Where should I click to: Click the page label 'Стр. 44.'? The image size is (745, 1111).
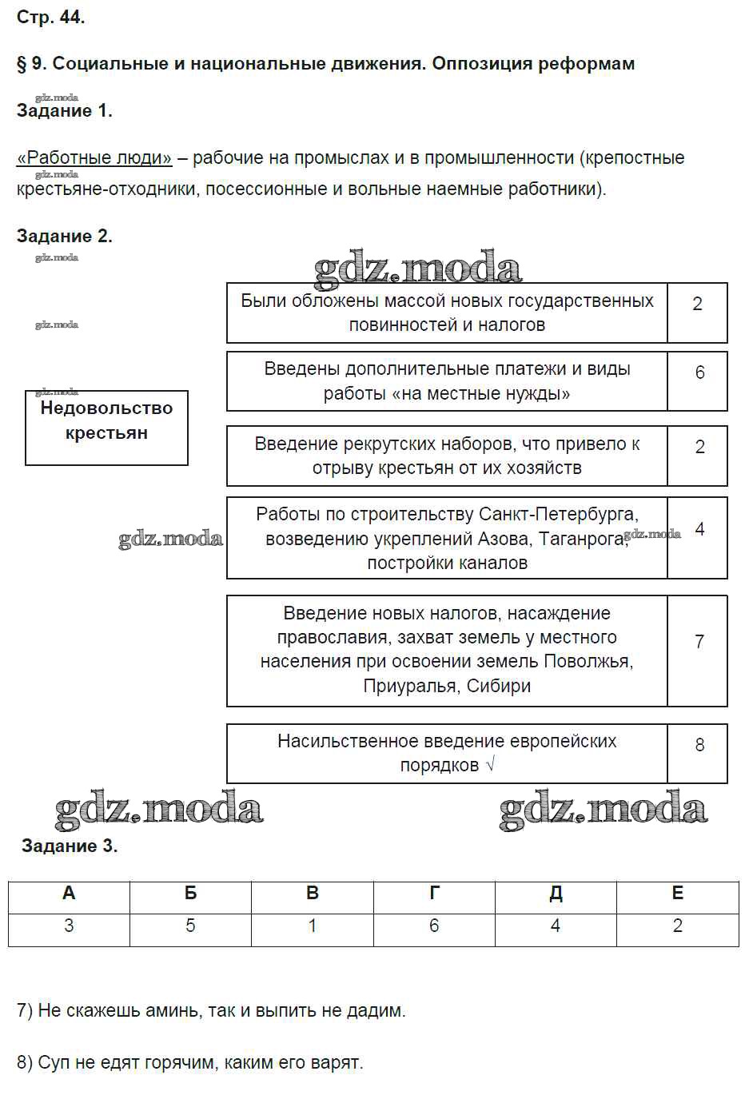pyautogui.click(x=50, y=17)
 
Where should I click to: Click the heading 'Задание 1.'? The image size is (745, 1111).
pyautogui.click(x=64, y=111)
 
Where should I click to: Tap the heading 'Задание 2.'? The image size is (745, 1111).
pyautogui.click(x=64, y=236)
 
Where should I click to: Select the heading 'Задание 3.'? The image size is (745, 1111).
pyautogui.click(x=70, y=846)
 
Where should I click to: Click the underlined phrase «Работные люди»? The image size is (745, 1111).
pyautogui.click(x=94, y=157)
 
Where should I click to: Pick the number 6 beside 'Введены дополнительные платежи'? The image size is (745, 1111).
pyautogui.click(x=699, y=372)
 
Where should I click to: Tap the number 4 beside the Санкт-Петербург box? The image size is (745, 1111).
pyautogui.click(x=699, y=529)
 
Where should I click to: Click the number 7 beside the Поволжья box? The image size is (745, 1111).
pyautogui.click(x=699, y=642)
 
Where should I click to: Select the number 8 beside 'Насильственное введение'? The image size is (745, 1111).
pyautogui.click(x=699, y=745)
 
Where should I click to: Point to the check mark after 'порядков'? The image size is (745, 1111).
pyautogui.click(x=490, y=765)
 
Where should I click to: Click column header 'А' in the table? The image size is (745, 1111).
pyautogui.click(x=69, y=894)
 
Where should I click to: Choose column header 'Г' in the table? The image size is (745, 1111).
pyautogui.click(x=434, y=894)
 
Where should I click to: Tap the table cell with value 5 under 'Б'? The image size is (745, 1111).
pyautogui.click(x=190, y=926)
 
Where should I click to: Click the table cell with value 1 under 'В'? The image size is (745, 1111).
pyautogui.click(x=313, y=926)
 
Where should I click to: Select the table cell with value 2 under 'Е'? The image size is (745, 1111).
pyautogui.click(x=678, y=926)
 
